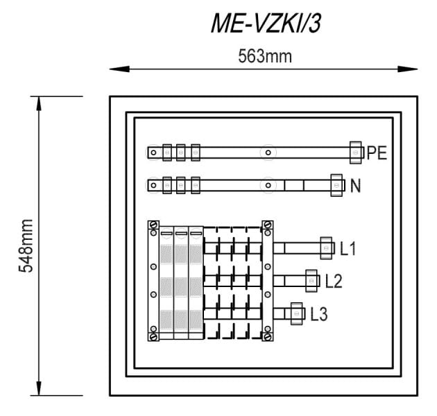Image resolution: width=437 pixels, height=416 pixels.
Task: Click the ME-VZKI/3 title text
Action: [266, 24]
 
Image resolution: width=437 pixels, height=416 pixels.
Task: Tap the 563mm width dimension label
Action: [265, 56]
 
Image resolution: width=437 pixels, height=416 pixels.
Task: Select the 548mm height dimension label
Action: [26, 245]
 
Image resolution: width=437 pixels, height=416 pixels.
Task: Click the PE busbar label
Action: [377, 153]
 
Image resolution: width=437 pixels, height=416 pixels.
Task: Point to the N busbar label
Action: [355, 186]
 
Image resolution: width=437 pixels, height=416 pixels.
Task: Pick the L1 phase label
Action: [348, 248]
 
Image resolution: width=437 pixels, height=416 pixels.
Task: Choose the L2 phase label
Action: [334, 281]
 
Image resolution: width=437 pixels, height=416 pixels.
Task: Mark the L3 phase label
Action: [319, 314]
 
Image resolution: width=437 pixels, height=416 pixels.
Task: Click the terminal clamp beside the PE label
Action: [356, 153]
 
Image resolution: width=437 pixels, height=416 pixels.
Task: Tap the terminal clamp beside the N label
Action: [336, 185]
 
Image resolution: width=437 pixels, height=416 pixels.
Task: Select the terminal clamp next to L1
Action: [326, 248]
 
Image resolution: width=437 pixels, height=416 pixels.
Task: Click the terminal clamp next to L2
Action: [311, 281]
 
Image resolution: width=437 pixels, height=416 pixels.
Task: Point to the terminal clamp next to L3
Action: [297, 314]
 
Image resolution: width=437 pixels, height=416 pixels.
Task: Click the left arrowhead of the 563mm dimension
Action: [119, 69]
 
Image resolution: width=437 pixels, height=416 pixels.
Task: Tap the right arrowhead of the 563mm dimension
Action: [408, 69]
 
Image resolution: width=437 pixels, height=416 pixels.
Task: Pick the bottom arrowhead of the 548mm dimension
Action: [39, 388]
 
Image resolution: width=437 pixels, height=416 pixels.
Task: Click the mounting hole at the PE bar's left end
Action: [153, 153]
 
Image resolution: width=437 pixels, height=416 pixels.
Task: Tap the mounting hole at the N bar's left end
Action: [153, 185]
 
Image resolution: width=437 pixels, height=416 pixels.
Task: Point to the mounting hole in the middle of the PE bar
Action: [268, 153]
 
